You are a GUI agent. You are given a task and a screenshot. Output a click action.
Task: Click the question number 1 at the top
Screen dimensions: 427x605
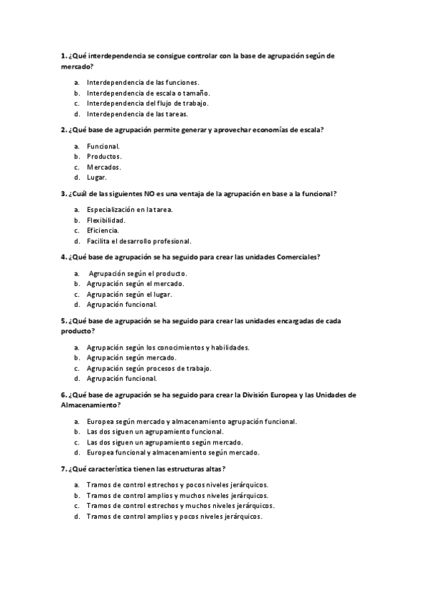point(64,55)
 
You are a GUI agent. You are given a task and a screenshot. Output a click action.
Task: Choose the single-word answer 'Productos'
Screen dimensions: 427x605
point(104,156)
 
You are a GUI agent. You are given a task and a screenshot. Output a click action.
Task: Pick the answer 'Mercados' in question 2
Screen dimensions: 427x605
point(104,167)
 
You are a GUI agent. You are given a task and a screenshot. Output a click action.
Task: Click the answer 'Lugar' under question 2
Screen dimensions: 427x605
point(97,177)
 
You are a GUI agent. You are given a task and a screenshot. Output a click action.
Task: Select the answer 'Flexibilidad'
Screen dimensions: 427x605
point(106,220)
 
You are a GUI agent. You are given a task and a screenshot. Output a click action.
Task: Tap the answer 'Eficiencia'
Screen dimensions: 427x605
point(103,230)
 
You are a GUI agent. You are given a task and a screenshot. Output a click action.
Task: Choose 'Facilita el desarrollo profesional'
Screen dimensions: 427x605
point(138,241)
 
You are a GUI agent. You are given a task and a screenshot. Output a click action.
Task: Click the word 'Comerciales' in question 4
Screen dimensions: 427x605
point(297,257)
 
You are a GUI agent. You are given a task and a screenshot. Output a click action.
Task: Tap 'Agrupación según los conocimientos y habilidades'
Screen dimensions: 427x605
point(168,347)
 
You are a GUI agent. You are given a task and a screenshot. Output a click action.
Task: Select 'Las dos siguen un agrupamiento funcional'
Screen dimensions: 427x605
point(155,432)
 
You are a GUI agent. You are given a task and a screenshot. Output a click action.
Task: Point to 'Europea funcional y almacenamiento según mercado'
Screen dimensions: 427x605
point(173,452)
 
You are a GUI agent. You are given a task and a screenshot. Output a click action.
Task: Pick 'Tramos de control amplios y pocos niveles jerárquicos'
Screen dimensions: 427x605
point(174,517)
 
